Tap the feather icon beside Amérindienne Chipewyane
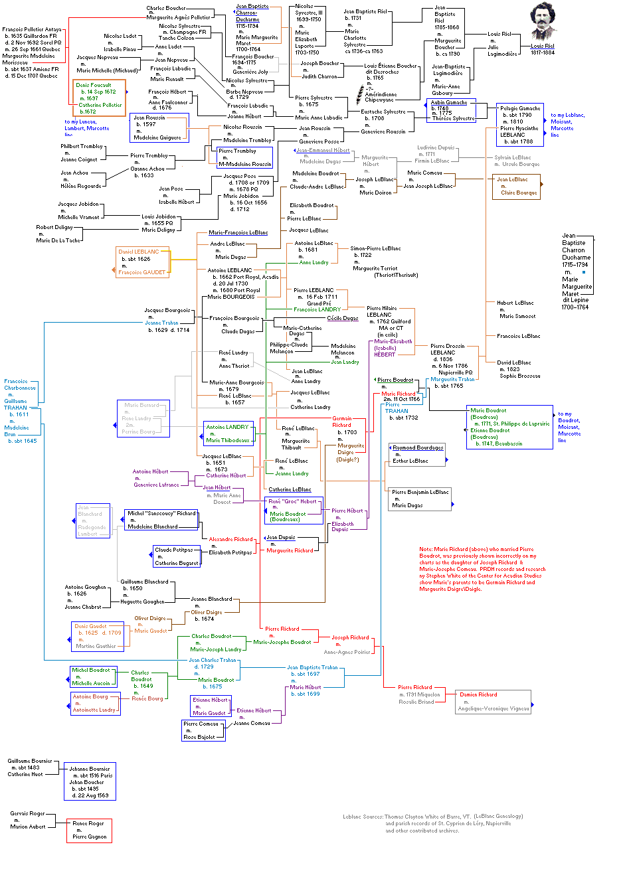pos(361,92)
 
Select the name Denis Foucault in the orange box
pos(94,85)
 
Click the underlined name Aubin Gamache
pos(449,102)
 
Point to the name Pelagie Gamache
pos(520,108)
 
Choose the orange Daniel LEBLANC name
pos(139,252)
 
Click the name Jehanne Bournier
pos(90,769)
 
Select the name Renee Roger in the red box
pos(88,823)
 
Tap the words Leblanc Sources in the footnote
pos(363,817)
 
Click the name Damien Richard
pos(478,694)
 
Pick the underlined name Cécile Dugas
pos(343,318)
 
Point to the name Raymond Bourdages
pos(418,447)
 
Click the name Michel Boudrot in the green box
pos(91,670)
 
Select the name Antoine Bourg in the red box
pos(90,696)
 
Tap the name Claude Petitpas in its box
pos(174,550)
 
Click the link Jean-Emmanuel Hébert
pos(323,150)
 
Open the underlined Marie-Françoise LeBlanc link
pos(238,232)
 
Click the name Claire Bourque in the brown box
pos(519,193)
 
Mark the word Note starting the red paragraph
pos(426,549)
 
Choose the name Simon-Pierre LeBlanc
pos(376,248)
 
